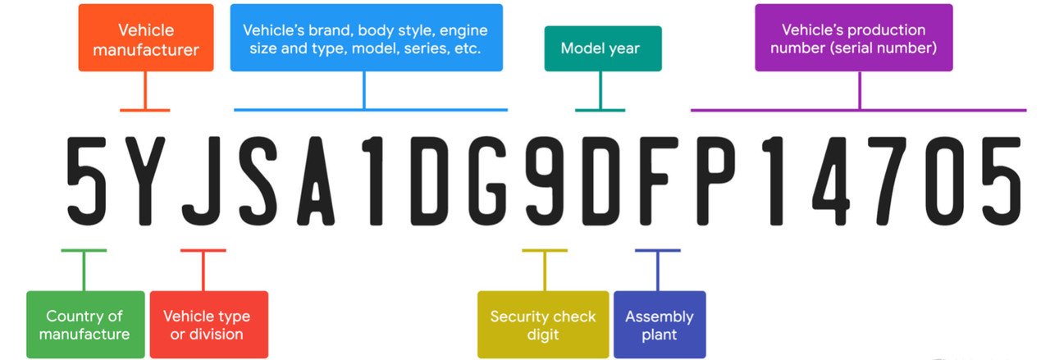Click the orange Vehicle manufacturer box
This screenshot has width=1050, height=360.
[146, 38]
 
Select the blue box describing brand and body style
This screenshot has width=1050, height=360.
[367, 38]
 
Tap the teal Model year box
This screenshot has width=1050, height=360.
[603, 48]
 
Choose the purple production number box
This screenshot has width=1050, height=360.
[854, 38]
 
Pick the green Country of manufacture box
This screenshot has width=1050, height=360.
[85, 325]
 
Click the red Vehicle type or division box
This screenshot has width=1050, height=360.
[209, 325]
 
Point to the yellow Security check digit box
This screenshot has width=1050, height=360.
[543, 325]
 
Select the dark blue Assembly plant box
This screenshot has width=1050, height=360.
[660, 325]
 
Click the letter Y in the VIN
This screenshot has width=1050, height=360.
[145, 181]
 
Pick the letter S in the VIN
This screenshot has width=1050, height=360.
[258, 181]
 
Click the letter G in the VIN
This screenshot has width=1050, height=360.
[487, 181]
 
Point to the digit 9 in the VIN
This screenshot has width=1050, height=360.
[545, 181]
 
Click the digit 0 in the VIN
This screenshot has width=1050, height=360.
[944, 181]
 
